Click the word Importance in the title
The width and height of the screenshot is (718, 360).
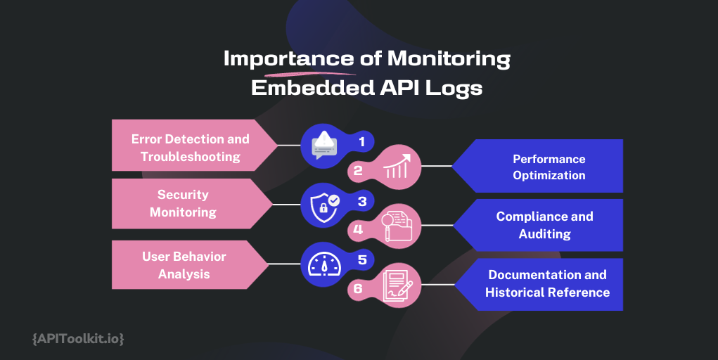point(278,60)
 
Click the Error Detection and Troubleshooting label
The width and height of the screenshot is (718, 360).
point(190,148)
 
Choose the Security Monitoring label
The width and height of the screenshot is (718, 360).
point(183,203)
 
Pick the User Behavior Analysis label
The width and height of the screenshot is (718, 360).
point(184,264)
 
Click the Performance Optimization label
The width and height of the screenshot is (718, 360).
point(549,167)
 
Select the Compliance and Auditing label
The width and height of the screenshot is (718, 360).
point(544,224)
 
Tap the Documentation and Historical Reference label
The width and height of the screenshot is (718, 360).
point(547,283)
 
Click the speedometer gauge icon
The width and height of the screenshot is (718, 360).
point(324,264)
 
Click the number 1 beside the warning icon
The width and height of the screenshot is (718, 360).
point(362,141)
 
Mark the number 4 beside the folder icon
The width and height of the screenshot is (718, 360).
point(358,229)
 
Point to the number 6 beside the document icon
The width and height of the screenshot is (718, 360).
point(358,288)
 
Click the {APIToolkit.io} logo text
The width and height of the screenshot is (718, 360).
point(78,339)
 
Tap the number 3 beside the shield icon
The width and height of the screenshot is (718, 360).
point(362,201)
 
